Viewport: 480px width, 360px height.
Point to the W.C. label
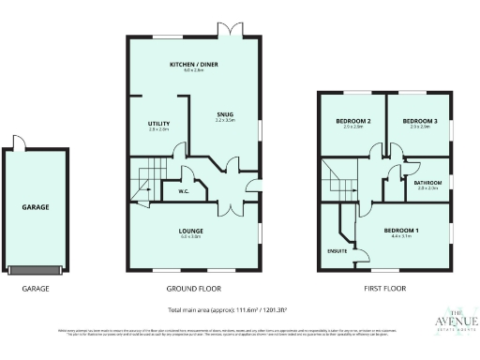coord(184,192)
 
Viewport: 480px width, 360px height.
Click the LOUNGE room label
coord(192,231)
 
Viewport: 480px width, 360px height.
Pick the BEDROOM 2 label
coord(352,121)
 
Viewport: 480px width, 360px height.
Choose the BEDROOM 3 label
coord(419,121)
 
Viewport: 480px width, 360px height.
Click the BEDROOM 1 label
coord(401,231)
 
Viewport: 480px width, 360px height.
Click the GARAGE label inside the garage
coord(36,207)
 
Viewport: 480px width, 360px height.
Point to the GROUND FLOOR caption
coord(193,289)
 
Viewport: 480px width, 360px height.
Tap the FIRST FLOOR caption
coord(384,289)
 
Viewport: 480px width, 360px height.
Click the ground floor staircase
coord(145,181)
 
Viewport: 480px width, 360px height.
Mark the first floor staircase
coord(337,179)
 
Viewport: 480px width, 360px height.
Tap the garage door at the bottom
coord(36,269)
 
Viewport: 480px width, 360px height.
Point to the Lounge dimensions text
coord(192,237)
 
